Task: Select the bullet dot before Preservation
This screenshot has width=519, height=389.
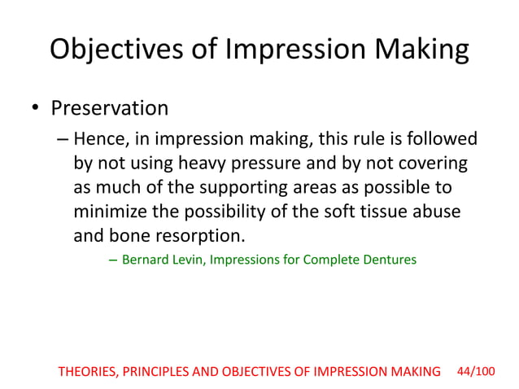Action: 33,108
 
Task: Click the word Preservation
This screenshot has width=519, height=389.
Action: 110,107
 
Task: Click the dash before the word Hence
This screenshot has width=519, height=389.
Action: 63,139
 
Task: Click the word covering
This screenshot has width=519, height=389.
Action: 435,164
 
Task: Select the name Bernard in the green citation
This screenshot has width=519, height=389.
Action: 144,260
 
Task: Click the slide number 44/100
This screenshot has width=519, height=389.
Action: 476,371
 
